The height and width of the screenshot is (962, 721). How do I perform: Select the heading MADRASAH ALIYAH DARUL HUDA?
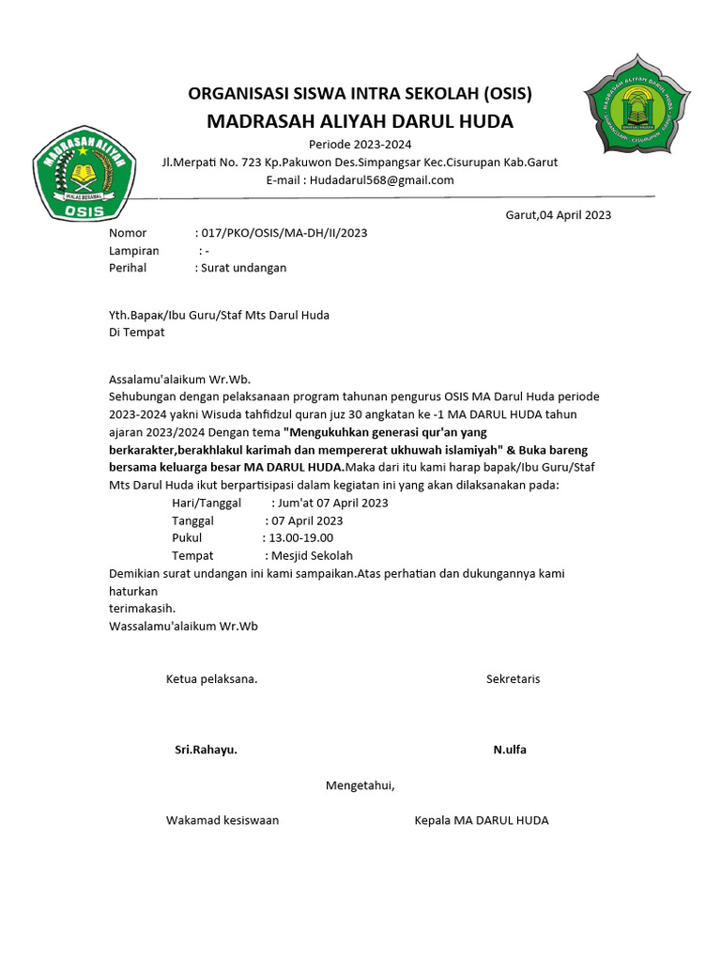(x=360, y=121)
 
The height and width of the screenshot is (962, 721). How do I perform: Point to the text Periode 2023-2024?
(x=360, y=144)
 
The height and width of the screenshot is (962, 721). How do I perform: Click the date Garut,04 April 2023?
(x=558, y=215)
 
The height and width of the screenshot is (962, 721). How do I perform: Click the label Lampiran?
(x=134, y=251)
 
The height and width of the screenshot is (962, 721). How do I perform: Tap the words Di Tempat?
(x=137, y=332)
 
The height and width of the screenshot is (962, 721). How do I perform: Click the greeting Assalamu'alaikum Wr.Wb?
(x=179, y=380)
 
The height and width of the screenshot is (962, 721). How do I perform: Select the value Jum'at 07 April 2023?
(x=330, y=503)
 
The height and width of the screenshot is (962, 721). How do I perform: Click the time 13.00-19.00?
(x=301, y=537)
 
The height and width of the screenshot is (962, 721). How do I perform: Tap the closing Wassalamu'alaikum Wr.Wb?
(x=183, y=625)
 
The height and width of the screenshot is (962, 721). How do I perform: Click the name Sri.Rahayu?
(x=206, y=750)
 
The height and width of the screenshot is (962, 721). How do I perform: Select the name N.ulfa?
(x=510, y=750)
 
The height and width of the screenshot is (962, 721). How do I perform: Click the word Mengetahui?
(x=360, y=785)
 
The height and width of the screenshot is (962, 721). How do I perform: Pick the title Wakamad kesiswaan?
(x=222, y=820)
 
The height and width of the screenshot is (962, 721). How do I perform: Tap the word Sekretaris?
(x=513, y=678)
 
